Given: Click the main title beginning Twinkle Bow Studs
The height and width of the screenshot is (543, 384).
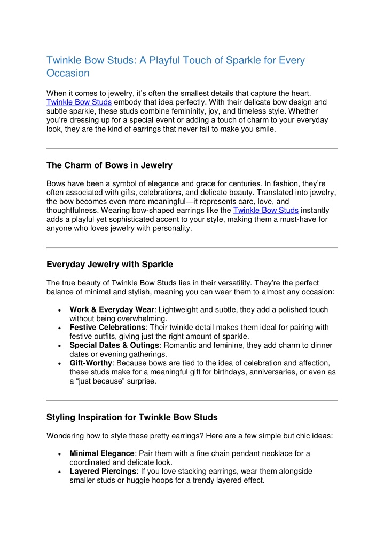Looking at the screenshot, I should pos(175,60).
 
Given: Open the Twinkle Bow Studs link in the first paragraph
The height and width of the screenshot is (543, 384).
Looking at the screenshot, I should pos(79,102).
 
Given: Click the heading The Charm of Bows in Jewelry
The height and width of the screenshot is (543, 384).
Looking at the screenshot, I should pos(109,165).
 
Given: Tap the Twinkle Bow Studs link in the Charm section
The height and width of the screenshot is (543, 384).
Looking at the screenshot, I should pos(265,210).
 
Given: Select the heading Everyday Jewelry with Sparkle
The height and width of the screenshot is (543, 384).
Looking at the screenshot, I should pos(109,264).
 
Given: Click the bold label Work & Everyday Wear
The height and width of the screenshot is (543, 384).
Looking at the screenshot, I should pos(112,310).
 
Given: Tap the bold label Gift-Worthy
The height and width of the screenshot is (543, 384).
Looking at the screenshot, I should pos(91,363).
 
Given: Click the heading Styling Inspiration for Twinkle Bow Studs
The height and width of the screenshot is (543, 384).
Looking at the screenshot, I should pos(132,417).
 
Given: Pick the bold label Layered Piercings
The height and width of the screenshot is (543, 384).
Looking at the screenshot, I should pos(103,471).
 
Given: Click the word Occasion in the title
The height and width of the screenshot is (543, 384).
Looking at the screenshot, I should pos(68,73).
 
